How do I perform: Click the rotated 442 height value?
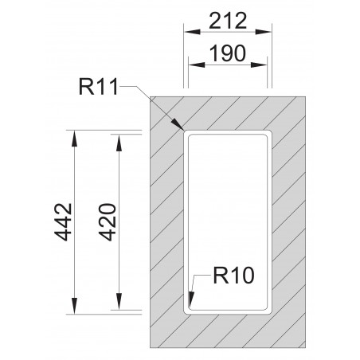(65, 224)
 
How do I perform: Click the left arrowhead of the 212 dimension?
(188, 33)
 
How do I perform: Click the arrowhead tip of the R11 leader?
(182, 127)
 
